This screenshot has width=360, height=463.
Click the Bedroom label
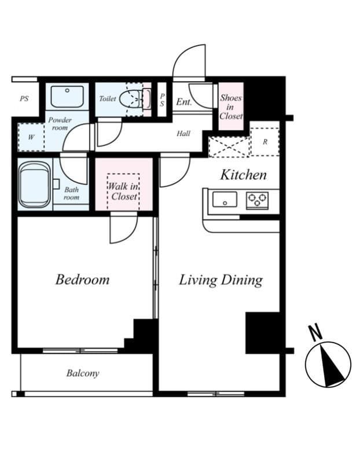coord(82,280)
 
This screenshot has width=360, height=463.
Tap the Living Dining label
coord(221,280)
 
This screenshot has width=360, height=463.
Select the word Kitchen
coord(244,175)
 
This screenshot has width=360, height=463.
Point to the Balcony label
coord(83,373)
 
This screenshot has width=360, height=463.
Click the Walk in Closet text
coord(123,192)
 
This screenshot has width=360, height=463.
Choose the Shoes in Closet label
coord(231,106)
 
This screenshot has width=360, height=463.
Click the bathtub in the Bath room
coord(34,185)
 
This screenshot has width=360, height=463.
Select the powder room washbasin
coord(67,97)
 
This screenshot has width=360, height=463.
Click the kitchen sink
coord(225,199)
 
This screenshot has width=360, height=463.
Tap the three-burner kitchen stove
coord(257,200)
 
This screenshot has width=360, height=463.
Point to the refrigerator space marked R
coord(265,142)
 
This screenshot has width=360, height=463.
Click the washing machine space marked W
coord(31,137)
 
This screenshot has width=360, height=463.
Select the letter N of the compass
coord(315,333)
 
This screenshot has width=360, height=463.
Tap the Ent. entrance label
coord(184,102)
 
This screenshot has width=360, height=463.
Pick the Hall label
coord(183,134)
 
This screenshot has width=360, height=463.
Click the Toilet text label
coord(108,98)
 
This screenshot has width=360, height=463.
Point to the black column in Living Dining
coord(263,333)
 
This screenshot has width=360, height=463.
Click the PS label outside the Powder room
coord(24,98)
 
